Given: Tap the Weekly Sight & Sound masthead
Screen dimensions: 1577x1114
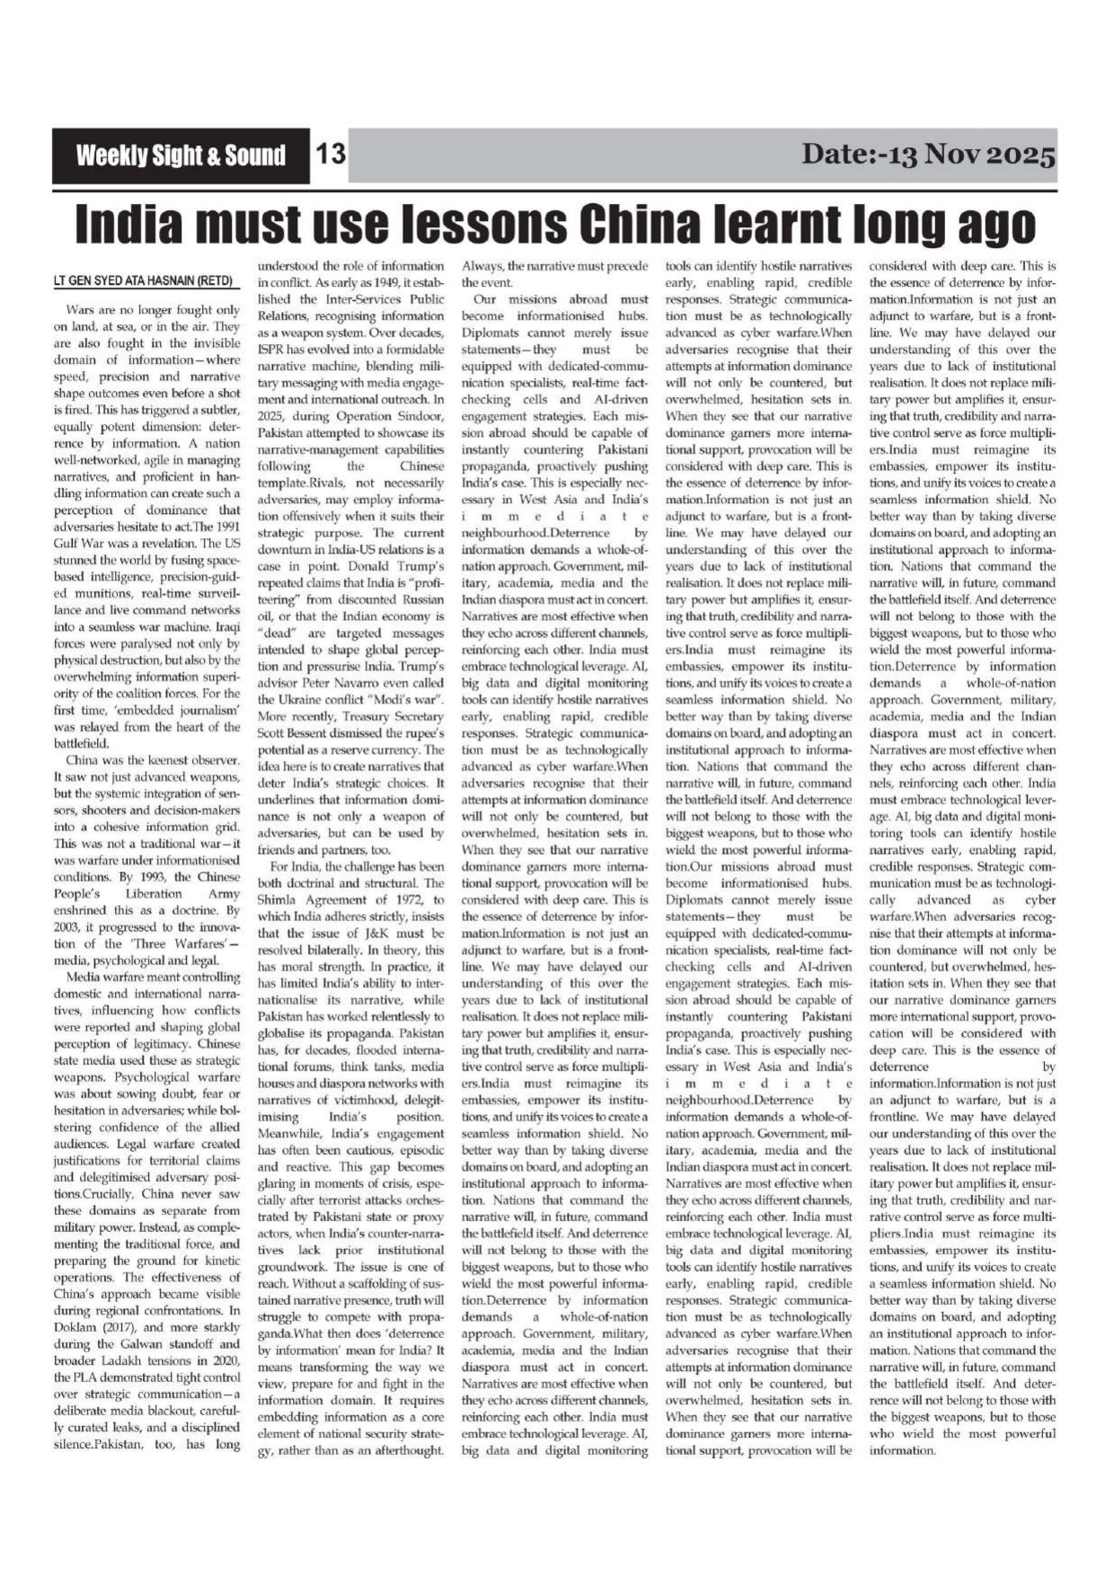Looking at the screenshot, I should pyautogui.click(x=181, y=155).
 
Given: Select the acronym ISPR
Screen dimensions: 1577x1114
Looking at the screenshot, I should pyautogui.click(x=273, y=350).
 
